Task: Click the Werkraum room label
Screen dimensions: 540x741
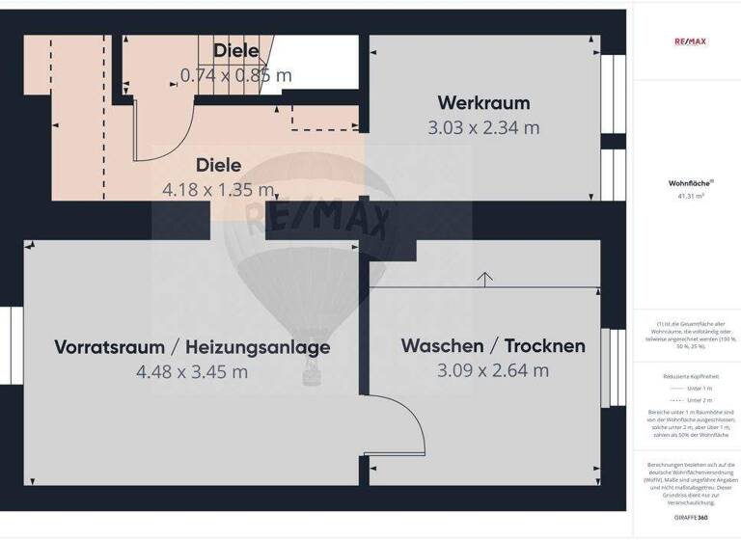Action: point(483,102)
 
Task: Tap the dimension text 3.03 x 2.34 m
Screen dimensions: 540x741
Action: point(483,127)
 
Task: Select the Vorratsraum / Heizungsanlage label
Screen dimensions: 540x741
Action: point(192,346)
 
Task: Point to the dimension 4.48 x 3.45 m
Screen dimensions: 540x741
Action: point(192,371)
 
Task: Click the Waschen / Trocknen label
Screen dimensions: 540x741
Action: point(493,345)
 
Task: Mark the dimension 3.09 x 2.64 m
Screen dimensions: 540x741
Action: point(493,370)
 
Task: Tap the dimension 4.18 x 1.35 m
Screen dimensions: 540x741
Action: point(219,189)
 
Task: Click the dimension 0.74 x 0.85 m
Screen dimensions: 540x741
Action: point(235,74)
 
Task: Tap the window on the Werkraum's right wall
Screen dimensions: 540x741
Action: point(612,125)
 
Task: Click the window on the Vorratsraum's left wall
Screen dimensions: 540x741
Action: point(12,344)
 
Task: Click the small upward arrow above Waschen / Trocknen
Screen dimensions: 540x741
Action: point(484,278)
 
